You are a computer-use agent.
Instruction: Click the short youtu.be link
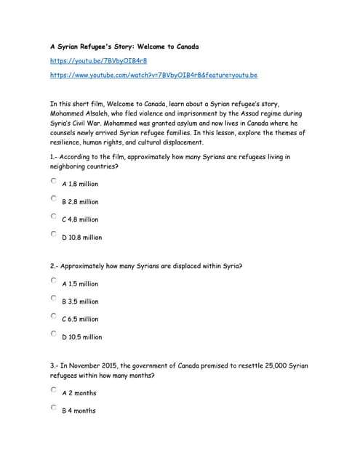[88, 61]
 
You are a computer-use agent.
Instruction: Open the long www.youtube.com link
[153, 75]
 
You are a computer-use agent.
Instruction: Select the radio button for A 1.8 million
[54, 181]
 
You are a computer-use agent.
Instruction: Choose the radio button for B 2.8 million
[54, 198]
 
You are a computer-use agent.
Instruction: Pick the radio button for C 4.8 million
[54, 216]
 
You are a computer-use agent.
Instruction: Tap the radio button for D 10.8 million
[54, 234]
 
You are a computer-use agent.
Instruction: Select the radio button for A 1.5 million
[54, 280]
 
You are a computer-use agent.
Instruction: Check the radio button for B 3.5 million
[54, 298]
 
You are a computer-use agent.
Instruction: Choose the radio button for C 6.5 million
[54, 316]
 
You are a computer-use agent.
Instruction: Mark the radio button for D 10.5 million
[54, 333]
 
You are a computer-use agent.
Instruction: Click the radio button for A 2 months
[54, 389]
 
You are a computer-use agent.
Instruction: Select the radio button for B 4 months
[54, 408]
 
